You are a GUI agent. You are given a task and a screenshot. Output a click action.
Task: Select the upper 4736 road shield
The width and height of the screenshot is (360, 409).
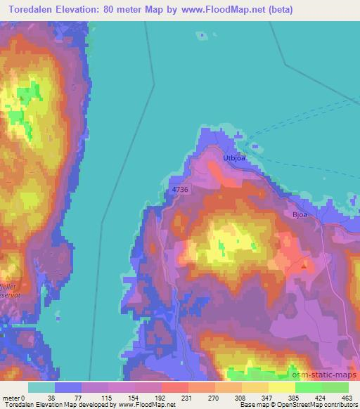point(180,189)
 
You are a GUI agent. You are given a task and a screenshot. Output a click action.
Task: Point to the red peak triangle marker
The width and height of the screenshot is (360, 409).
point(304,266)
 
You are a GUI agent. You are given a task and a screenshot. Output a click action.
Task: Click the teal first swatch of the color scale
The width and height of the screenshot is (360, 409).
point(41,387)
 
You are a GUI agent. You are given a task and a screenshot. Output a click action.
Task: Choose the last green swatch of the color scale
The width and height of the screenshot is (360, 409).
point(335,387)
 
